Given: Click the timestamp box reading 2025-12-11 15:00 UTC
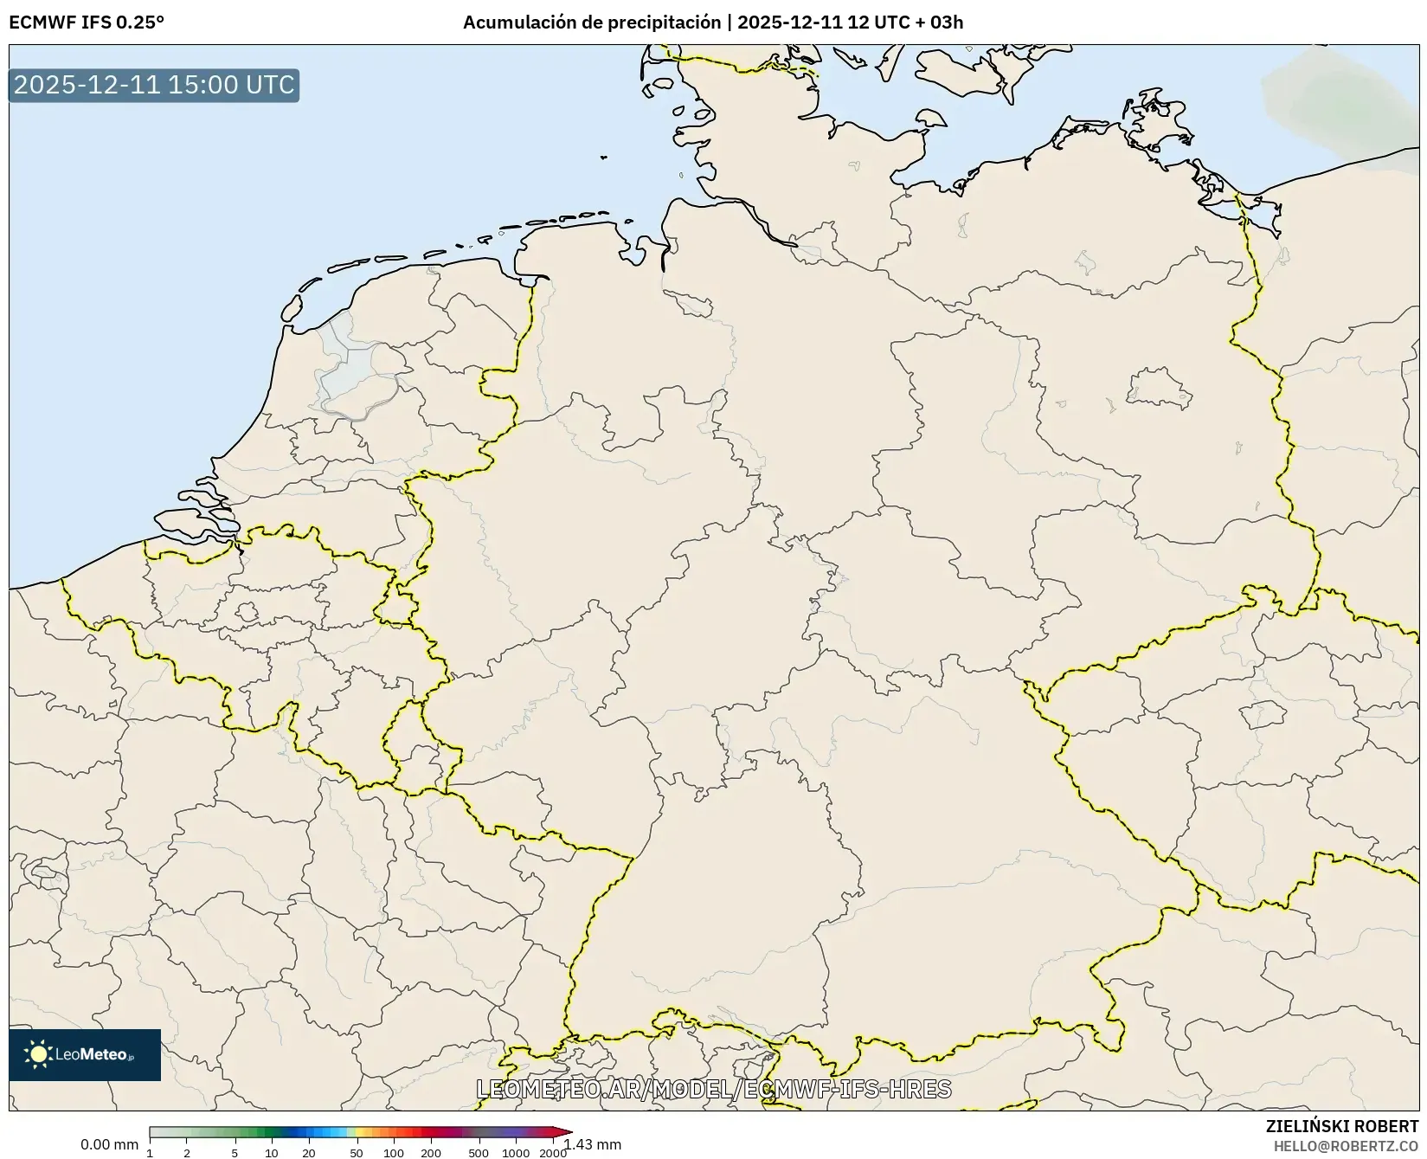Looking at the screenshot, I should pos(154,85).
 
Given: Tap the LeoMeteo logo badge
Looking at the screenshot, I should pos(85,1054).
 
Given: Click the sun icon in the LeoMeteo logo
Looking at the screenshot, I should pos(38,1054).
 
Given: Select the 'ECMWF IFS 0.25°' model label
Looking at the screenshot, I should pos(87,23).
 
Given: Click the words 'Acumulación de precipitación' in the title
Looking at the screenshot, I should pos(591,23).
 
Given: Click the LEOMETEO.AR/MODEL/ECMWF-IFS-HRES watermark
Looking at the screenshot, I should pos(714,1089).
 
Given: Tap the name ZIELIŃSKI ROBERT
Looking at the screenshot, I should pos(1341,1126).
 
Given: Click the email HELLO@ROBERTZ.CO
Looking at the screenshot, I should pos(1346,1145).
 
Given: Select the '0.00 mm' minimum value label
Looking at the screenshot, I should pos(109,1144).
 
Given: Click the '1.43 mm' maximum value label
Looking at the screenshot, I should pos(595,1144).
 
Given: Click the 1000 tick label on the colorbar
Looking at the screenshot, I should pos(516,1153).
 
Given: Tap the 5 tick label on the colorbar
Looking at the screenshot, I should pos(235,1153).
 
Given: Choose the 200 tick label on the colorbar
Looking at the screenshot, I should pos(431,1153).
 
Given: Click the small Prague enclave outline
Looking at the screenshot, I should pos(1262,715).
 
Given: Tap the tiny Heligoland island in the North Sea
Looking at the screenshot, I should pos(603,158).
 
